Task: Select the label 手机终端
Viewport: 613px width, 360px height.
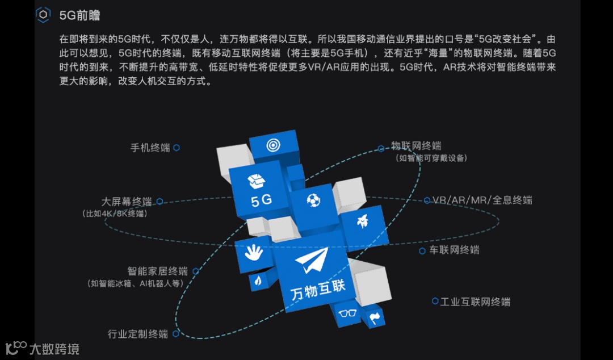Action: coord(150,148)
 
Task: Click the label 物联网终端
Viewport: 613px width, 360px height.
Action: coord(416,146)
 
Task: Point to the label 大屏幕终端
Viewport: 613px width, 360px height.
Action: coord(127,202)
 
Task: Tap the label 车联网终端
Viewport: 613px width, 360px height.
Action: coord(454,250)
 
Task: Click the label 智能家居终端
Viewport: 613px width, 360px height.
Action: coord(157,271)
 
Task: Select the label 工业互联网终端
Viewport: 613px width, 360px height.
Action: coord(475,302)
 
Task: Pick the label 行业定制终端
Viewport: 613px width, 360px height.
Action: coord(138,334)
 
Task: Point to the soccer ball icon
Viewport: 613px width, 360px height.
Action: coord(313,200)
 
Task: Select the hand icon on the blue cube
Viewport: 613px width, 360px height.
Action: coord(254,252)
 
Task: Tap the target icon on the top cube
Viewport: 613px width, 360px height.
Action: coord(273,145)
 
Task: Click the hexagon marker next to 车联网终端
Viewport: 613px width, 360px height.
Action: coord(422,250)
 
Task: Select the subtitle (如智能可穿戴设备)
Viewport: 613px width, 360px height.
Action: coord(431,158)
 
